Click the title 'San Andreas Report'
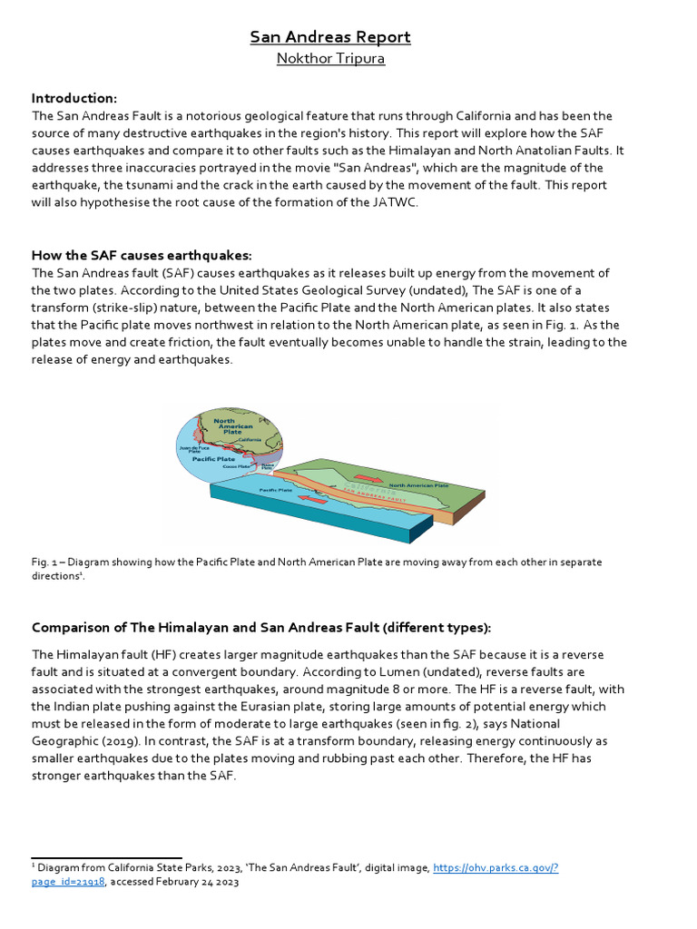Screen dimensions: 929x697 click(330, 37)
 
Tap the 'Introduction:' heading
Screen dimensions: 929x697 click(74, 98)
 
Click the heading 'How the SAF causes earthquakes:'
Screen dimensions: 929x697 click(142, 255)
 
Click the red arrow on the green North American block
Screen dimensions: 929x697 click(370, 478)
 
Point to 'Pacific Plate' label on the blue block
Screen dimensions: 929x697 click(276, 490)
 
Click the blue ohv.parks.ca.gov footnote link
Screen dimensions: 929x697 click(496, 868)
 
